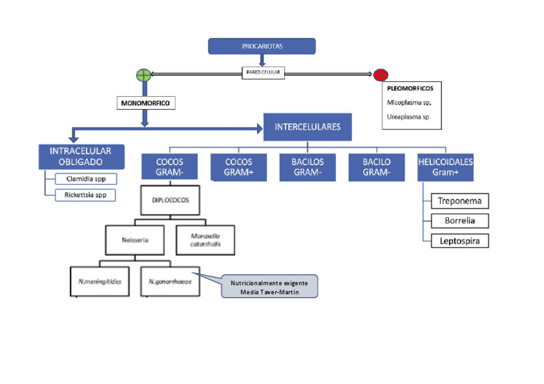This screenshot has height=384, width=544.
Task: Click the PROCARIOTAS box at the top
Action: click(x=262, y=46)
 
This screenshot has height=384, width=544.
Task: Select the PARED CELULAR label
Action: click(x=262, y=73)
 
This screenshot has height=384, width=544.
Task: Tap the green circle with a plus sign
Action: click(x=144, y=75)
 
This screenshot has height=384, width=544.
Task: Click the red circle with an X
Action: click(x=380, y=75)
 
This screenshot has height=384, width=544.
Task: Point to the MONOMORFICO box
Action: click(x=146, y=103)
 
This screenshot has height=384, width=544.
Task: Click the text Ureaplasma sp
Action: click(x=408, y=117)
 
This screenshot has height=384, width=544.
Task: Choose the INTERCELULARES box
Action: click(x=307, y=127)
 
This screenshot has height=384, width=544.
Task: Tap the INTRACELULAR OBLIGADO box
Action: click(x=80, y=156)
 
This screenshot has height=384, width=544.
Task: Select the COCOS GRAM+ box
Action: click(x=239, y=167)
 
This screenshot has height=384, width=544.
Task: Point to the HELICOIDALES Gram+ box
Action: click(x=445, y=167)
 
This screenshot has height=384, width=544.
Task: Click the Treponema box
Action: click(x=459, y=201)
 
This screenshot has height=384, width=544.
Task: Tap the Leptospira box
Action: click(x=459, y=241)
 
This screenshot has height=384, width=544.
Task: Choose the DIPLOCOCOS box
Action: click(x=170, y=200)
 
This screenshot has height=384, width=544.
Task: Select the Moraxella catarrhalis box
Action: click(x=204, y=240)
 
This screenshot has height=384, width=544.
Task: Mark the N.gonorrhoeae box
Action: click(x=169, y=281)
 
